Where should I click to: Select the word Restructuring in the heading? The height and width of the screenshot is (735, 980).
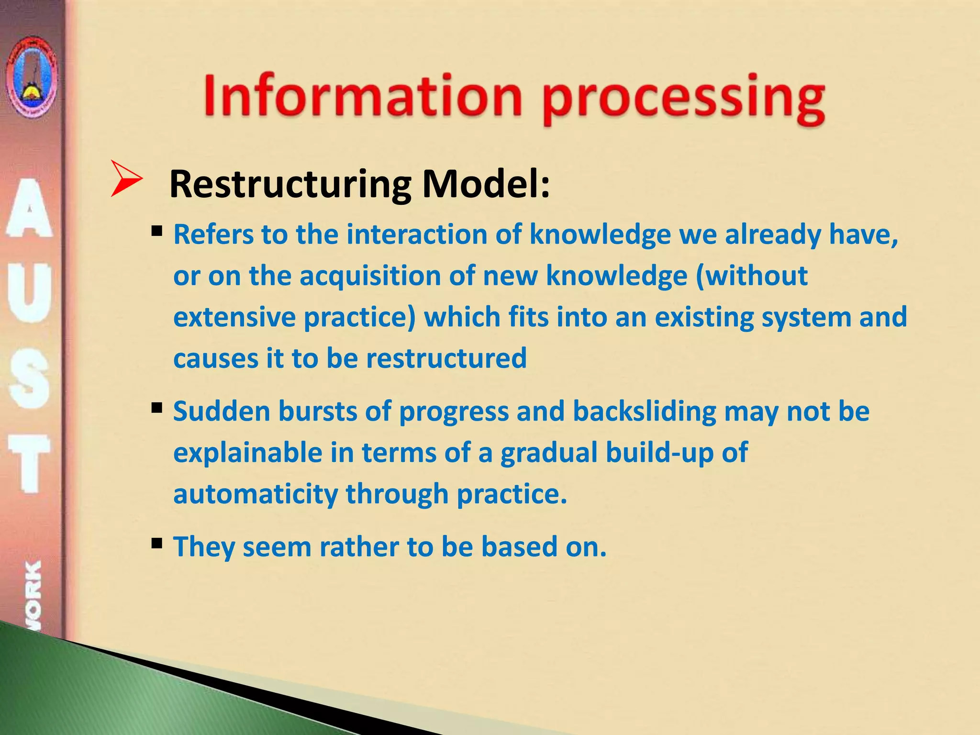(x=290, y=184)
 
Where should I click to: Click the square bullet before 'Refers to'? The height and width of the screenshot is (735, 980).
(x=156, y=232)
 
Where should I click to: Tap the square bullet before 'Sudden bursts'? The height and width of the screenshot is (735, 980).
(x=156, y=408)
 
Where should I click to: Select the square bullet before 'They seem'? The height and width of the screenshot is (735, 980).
(x=156, y=544)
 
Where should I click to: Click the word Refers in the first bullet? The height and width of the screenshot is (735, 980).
(x=213, y=235)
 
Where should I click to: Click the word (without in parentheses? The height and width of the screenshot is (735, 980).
(x=751, y=276)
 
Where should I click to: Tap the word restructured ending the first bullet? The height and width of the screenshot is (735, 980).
(x=446, y=358)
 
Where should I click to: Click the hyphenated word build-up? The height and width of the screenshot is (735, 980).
(x=659, y=453)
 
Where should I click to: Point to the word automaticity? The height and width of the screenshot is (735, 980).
(x=255, y=494)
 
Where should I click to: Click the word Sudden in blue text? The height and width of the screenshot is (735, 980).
(x=222, y=412)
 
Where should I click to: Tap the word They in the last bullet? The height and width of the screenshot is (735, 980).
(x=204, y=547)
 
